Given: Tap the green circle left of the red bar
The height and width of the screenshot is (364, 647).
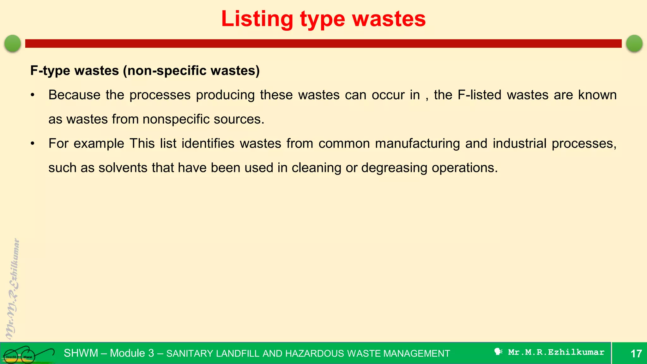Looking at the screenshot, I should click(13, 43).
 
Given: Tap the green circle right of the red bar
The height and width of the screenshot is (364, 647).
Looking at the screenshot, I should click(634, 43).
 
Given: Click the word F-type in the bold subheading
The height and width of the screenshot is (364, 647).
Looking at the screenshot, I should click(50, 70).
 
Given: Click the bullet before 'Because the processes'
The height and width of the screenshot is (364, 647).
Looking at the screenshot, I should click(32, 95).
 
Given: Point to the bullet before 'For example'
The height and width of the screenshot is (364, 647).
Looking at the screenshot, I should click(32, 144).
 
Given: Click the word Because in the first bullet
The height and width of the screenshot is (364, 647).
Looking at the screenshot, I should click(75, 95).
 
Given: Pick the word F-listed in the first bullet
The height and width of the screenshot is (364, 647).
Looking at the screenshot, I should click(479, 95).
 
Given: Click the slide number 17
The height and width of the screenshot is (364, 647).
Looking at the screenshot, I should click(636, 353).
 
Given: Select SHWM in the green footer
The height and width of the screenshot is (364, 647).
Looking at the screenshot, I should click(81, 353).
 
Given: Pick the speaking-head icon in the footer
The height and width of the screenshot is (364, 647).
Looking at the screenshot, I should click(498, 352).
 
